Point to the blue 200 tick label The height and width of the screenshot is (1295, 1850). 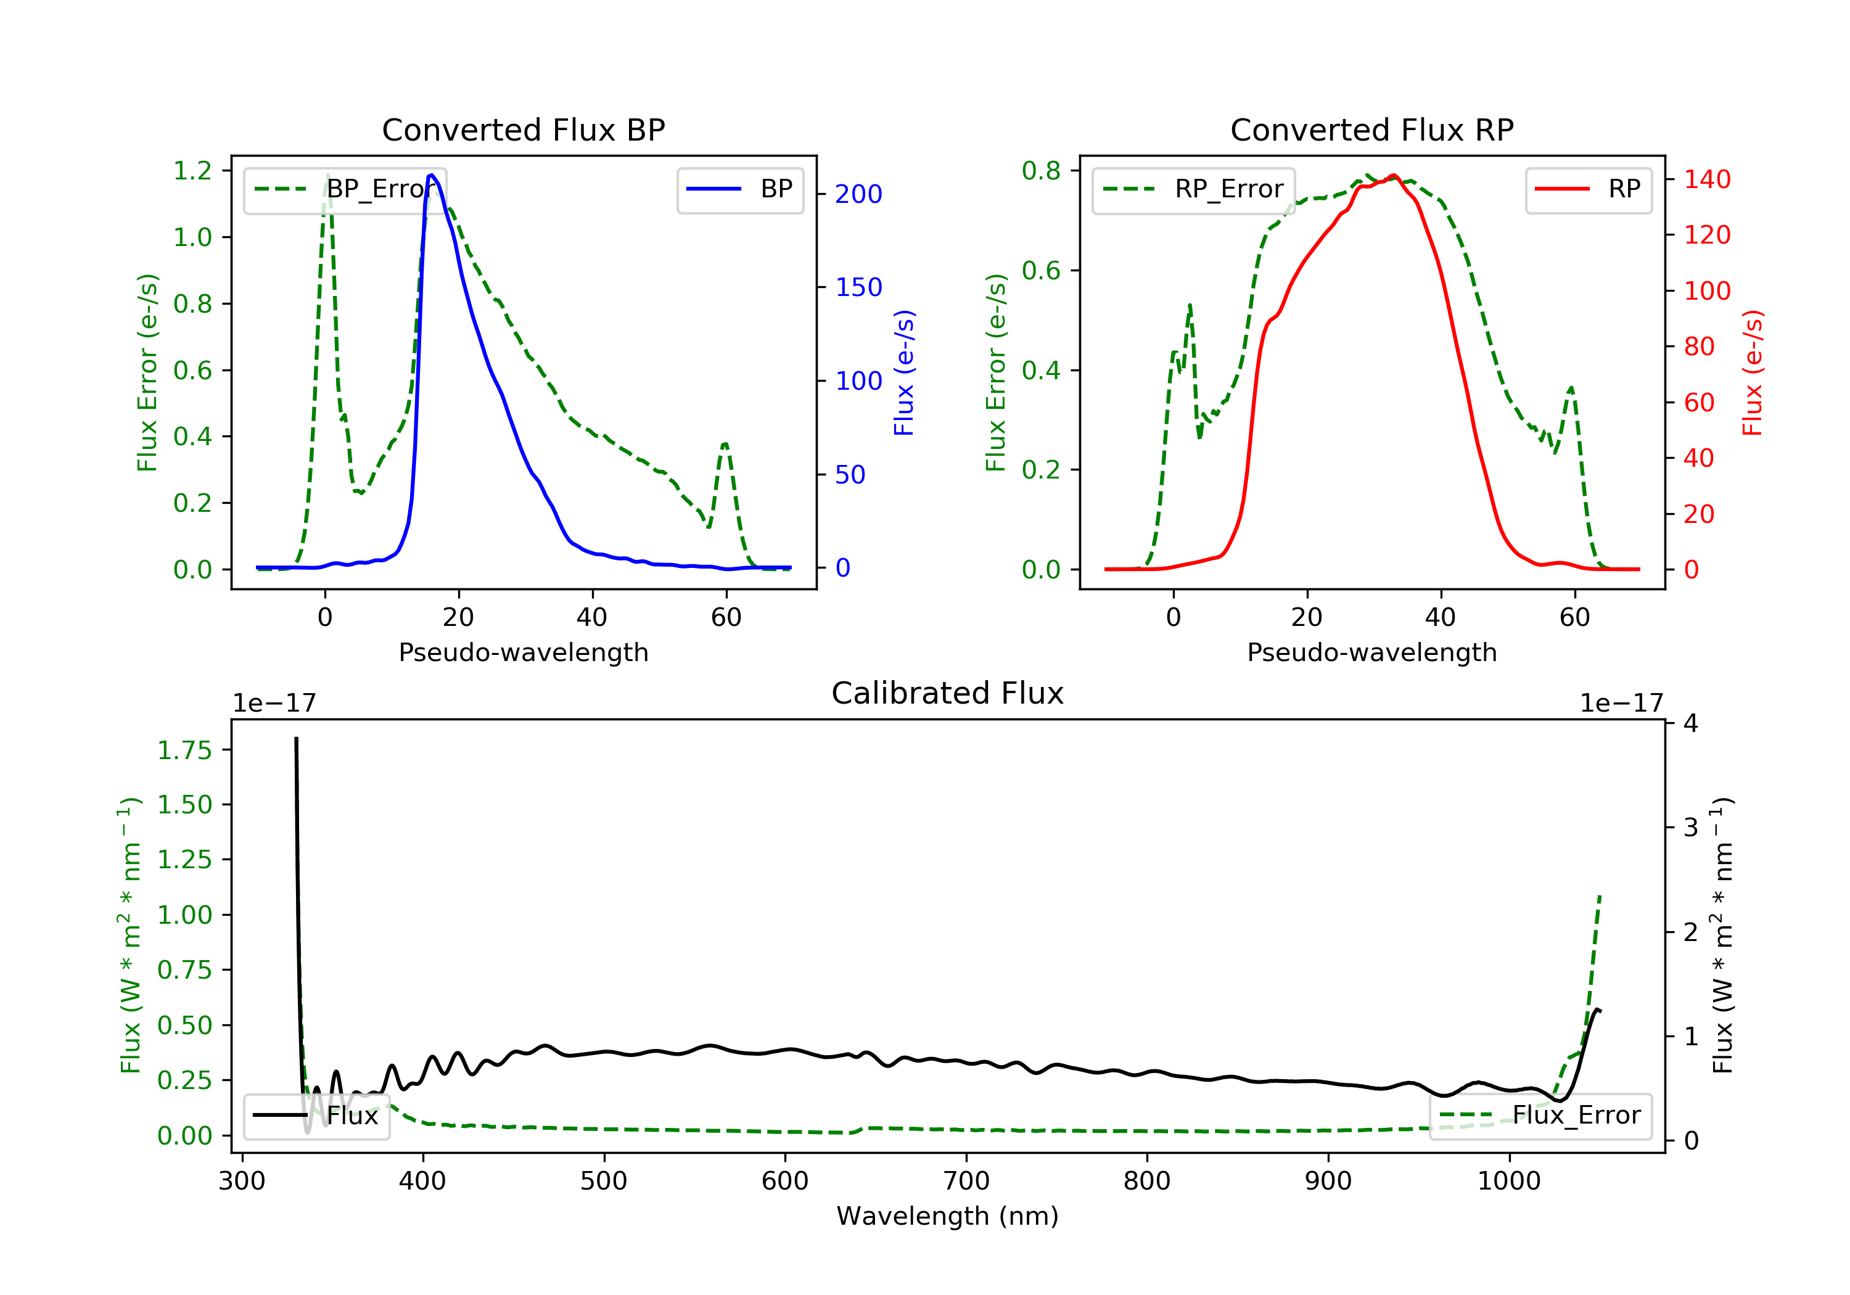(x=858, y=194)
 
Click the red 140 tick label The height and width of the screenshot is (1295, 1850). (x=1706, y=179)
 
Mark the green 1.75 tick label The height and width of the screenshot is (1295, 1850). (x=184, y=751)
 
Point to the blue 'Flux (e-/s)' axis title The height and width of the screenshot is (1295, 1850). (x=904, y=373)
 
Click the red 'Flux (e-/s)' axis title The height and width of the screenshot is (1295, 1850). (x=1753, y=373)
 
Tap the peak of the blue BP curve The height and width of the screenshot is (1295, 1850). (x=432, y=175)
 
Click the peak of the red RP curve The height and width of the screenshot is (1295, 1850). (x=1393, y=176)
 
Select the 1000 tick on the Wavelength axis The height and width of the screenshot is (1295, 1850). (x=1508, y=1182)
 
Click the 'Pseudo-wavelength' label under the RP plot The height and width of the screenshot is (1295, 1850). (x=1371, y=652)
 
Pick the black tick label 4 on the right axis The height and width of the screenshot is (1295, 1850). (x=1690, y=723)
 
